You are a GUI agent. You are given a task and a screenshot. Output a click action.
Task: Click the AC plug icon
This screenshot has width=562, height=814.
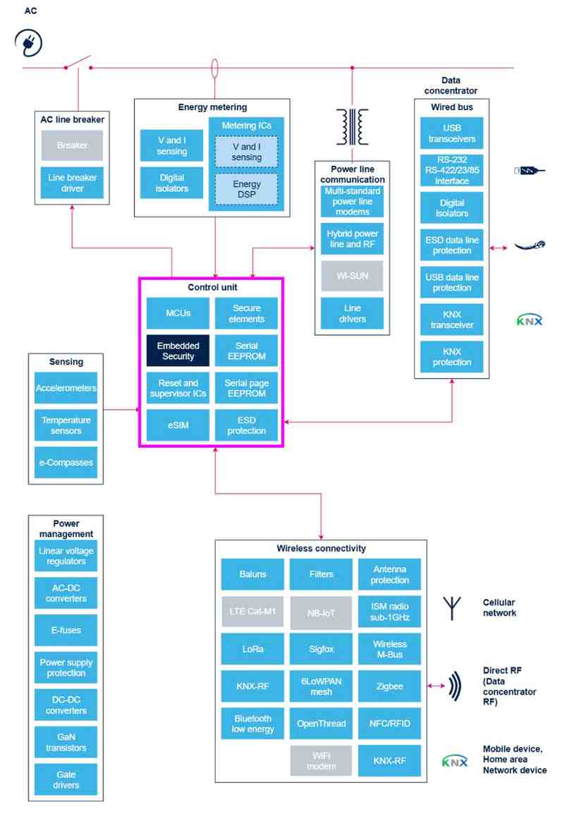[28, 42]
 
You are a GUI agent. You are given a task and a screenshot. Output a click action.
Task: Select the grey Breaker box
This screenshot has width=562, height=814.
[72, 145]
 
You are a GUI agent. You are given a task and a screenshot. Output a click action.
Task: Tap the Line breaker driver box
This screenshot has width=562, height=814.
[72, 183]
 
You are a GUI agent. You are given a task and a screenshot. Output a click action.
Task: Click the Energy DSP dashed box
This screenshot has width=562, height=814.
[246, 189]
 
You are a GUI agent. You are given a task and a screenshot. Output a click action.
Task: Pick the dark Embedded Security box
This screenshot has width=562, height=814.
[178, 351]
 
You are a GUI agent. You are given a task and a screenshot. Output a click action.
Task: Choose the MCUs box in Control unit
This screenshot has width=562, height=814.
[178, 313]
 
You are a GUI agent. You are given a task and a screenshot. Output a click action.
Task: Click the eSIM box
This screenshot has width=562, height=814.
[178, 425]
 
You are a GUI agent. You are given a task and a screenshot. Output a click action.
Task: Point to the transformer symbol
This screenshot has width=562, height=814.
[352, 126]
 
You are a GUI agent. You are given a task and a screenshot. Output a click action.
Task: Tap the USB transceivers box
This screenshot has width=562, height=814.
[451, 133]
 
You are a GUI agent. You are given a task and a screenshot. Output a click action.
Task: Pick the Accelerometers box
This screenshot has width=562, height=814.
[66, 388]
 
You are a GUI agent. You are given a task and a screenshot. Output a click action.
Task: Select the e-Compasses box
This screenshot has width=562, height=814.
[66, 463]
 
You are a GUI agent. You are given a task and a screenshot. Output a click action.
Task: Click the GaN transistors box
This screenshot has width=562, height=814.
[66, 742]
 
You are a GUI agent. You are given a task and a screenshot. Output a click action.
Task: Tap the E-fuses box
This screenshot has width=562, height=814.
[66, 631]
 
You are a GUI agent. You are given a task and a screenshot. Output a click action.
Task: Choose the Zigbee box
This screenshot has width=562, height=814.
[389, 686]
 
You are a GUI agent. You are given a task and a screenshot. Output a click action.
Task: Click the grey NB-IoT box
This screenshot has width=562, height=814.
[321, 613]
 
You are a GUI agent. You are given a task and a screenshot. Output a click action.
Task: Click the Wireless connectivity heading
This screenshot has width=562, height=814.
[321, 548]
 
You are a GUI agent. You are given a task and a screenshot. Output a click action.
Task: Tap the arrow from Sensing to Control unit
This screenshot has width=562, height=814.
[121, 408]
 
